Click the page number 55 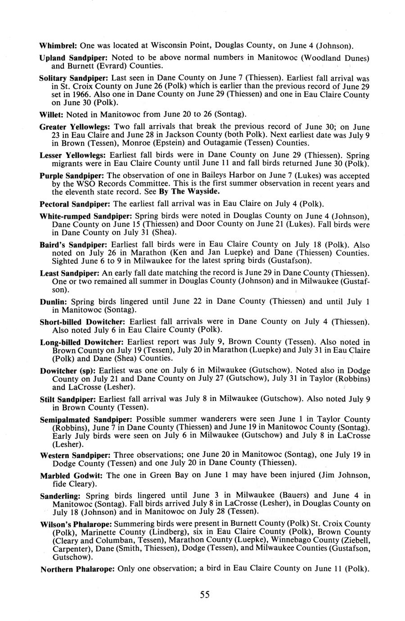pos(205,595)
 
